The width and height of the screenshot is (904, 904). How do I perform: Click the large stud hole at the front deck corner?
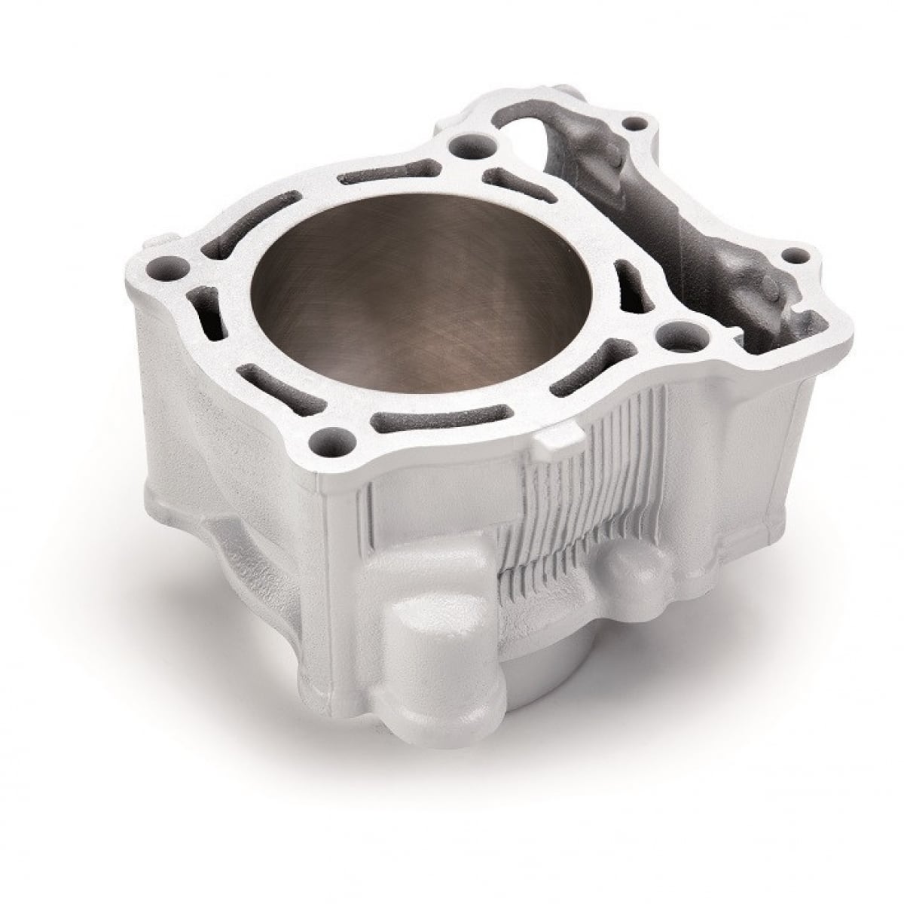pyautogui.click(x=329, y=435)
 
